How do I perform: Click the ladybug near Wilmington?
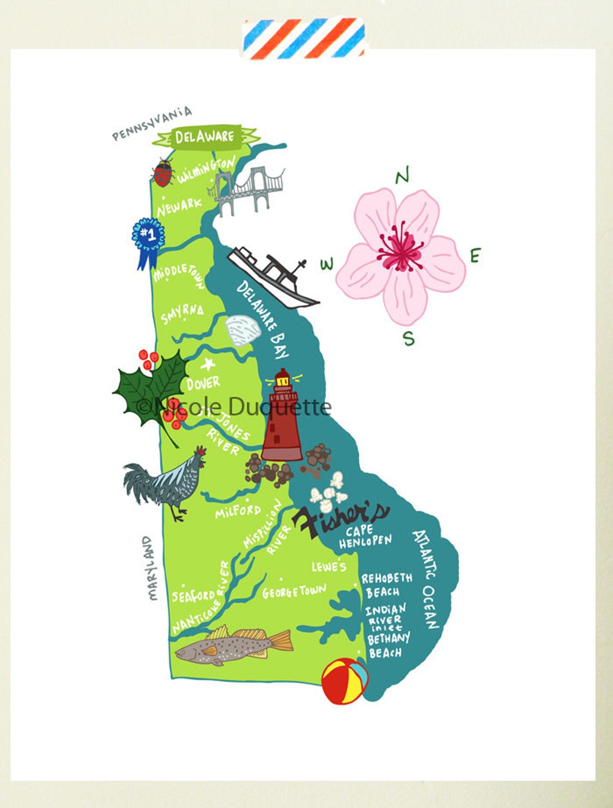tap(163, 172)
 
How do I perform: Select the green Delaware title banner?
tap(205, 136)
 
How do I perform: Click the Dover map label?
tap(203, 383)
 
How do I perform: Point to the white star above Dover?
tap(208, 363)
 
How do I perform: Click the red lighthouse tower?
tap(282, 421)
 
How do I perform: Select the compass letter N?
tap(402, 176)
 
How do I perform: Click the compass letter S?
tap(409, 338)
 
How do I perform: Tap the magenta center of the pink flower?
tap(401, 251)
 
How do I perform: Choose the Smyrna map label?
tap(182, 314)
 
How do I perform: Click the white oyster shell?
tap(242, 330)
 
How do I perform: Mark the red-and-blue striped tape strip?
tap(304, 39)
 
